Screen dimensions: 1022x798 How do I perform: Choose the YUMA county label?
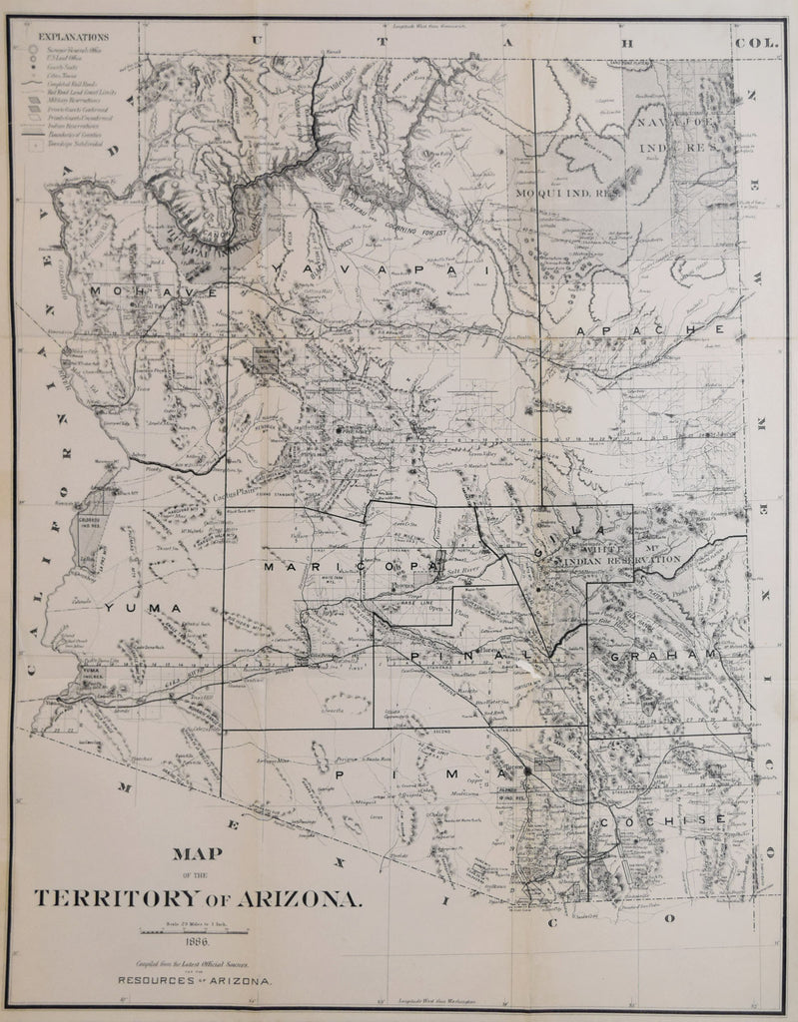(x=145, y=607)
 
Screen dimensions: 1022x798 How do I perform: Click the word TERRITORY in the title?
(x=125, y=896)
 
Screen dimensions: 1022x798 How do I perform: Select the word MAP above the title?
(x=196, y=854)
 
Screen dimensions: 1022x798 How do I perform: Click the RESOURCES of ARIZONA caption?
(x=196, y=982)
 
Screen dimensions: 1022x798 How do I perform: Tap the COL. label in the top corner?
(x=751, y=42)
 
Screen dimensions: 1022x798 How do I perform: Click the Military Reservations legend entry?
(x=78, y=101)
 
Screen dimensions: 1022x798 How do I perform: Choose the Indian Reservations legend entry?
(x=78, y=126)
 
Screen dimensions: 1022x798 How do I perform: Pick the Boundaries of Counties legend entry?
(x=78, y=134)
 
